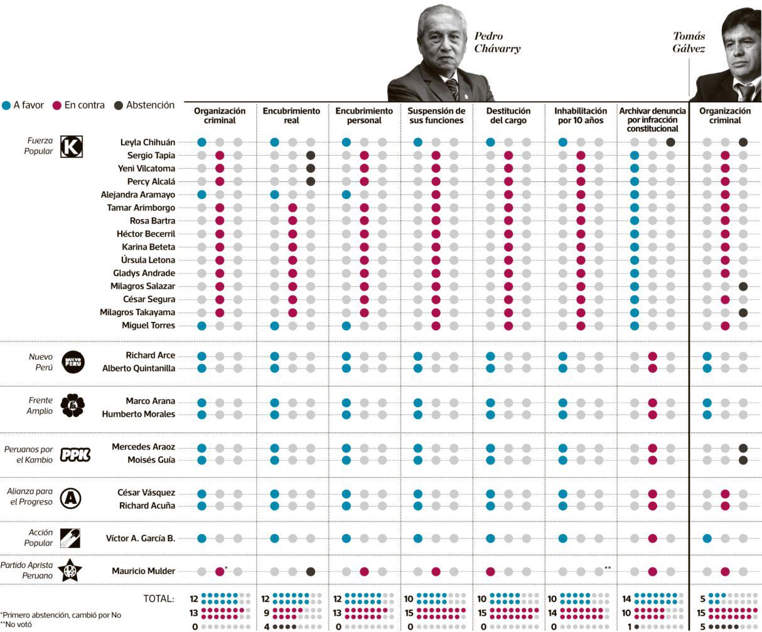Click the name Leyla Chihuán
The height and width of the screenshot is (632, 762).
tap(148, 142)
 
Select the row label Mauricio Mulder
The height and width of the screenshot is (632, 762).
tap(143, 571)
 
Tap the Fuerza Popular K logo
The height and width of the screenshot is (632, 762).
tap(71, 147)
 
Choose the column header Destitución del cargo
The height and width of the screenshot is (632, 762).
tap(508, 115)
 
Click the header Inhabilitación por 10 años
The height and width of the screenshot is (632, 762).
tap(581, 115)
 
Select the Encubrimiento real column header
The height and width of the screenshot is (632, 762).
tap(291, 115)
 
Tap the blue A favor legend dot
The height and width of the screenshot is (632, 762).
tap(6, 105)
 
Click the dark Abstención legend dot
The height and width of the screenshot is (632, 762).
tap(119, 105)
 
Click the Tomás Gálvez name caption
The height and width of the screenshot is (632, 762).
tap(689, 42)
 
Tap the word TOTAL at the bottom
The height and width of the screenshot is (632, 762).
tap(158, 599)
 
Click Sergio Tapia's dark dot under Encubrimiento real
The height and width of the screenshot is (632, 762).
tap(310, 156)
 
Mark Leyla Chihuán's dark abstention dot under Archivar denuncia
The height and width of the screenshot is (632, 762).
tap(670, 142)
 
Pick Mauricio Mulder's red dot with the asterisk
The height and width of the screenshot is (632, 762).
tap(220, 571)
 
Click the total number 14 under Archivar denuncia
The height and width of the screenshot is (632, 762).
tap(626, 599)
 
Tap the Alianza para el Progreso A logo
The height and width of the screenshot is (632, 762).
tap(70, 499)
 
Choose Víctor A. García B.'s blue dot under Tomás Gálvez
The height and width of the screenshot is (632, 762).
tap(707, 538)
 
